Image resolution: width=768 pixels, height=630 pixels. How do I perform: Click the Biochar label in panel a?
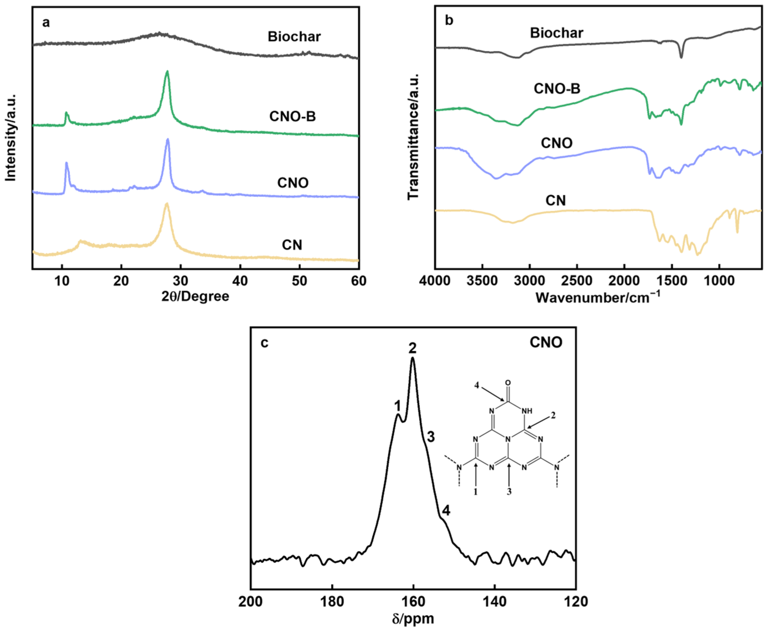pos(294,37)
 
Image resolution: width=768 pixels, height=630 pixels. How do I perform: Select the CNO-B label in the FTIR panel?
pos(557,89)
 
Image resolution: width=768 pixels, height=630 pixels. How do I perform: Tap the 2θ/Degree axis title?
pos(195,296)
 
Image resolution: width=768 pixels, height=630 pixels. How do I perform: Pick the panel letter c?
pos(265,342)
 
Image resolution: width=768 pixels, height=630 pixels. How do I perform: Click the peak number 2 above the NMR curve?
pos(412,348)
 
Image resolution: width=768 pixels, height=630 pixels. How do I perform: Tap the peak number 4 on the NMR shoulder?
pos(446,511)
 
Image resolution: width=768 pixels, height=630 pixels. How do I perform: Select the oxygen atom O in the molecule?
pos(508,383)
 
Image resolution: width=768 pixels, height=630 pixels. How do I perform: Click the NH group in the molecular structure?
pos(527,411)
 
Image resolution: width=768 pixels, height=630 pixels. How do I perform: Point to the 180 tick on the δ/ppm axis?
pos(332,601)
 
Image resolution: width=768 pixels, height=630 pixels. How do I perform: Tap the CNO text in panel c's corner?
pos(546,342)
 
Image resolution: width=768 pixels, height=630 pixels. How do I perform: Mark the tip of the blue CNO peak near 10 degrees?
pos(66,163)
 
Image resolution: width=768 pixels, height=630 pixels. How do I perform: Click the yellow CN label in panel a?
pos(292,245)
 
